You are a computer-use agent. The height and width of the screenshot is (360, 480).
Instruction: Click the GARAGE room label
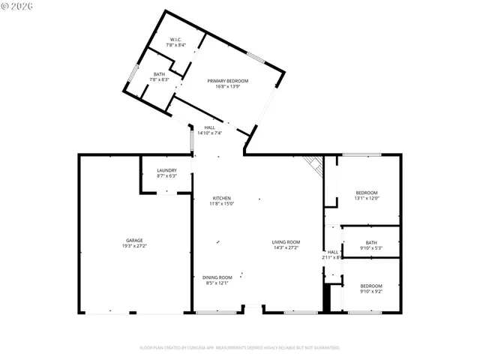point(135,241)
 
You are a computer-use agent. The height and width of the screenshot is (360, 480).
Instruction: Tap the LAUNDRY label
point(166,170)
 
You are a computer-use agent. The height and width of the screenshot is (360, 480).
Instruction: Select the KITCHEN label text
point(220,198)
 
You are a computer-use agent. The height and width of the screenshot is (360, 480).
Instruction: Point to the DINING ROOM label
point(220,277)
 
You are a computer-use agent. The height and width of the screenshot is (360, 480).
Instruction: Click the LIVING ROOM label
point(286,241)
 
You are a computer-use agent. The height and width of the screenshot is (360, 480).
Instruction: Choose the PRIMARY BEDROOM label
point(228,81)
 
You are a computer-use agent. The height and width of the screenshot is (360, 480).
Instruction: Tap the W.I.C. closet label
point(176,39)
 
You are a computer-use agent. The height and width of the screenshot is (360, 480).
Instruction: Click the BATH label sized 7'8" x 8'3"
point(159,73)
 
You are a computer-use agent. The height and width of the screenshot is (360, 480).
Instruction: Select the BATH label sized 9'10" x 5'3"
point(371,242)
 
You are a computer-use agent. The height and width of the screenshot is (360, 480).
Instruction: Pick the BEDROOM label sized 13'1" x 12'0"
point(367,193)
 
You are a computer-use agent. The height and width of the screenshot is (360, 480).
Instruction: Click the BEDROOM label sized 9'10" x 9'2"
point(371,286)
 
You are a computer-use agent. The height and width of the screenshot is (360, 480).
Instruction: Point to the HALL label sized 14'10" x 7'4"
point(210,127)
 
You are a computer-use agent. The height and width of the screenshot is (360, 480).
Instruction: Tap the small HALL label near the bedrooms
point(333,252)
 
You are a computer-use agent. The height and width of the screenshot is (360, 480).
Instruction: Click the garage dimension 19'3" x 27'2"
point(135,246)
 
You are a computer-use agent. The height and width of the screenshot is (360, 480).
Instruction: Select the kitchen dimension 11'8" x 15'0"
point(220,203)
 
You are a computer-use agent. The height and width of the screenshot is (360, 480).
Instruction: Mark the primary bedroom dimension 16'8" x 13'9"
point(228,86)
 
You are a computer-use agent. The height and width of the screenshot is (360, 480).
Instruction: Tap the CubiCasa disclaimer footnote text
point(240,348)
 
